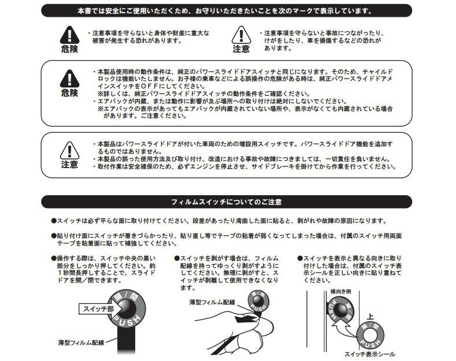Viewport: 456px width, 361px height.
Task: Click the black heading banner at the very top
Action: pyautogui.click(x=228, y=10)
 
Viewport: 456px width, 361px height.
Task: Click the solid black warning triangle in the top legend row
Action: pyautogui.click(x=69, y=35)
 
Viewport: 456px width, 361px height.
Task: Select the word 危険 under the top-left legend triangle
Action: pyautogui.click(x=69, y=49)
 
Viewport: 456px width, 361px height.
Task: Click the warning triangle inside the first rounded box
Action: pyautogui.click(x=69, y=78)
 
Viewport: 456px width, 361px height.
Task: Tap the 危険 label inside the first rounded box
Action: pyautogui.click(x=69, y=93)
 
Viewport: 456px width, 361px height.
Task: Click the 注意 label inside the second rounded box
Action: pyautogui.click(x=69, y=165)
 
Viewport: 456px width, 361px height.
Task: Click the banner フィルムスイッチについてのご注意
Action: pyautogui.click(x=228, y=202)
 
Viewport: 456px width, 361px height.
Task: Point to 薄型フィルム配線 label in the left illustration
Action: pyautogui.click(x=80, y=343)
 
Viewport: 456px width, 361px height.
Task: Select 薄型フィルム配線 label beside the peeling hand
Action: pyautogui.click(x=212, y=302)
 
